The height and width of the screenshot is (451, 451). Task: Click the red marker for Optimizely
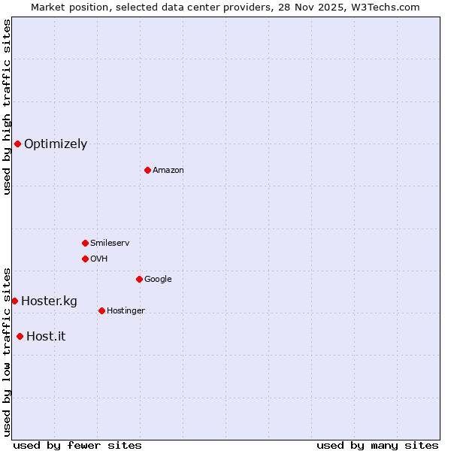point(17,144)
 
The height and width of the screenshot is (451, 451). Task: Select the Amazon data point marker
point(147,170)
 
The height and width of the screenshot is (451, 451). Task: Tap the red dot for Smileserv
point(85,243)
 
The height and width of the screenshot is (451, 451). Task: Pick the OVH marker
point(85,259)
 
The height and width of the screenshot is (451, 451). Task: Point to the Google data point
point(139,279)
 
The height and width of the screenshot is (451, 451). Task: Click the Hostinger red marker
point(101,310)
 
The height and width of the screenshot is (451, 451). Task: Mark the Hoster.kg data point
point(14,301)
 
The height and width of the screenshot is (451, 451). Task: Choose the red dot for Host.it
point(20,336)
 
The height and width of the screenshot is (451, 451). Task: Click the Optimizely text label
point(56,144)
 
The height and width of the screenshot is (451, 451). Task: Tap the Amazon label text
point(168,170)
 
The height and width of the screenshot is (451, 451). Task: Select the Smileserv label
point(110,243)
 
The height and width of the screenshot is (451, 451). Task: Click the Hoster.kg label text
point(49,301)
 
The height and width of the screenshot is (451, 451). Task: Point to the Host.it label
point(46,336)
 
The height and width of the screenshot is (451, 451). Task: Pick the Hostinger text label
point(126,310)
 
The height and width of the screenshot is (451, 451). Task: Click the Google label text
point(158,279)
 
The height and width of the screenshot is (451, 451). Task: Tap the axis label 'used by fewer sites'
point(77,445)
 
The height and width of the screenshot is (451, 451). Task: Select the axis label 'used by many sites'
point(377,445)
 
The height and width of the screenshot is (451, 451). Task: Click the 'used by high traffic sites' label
point(7,107)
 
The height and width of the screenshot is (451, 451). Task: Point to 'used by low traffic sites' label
point(7,351)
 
